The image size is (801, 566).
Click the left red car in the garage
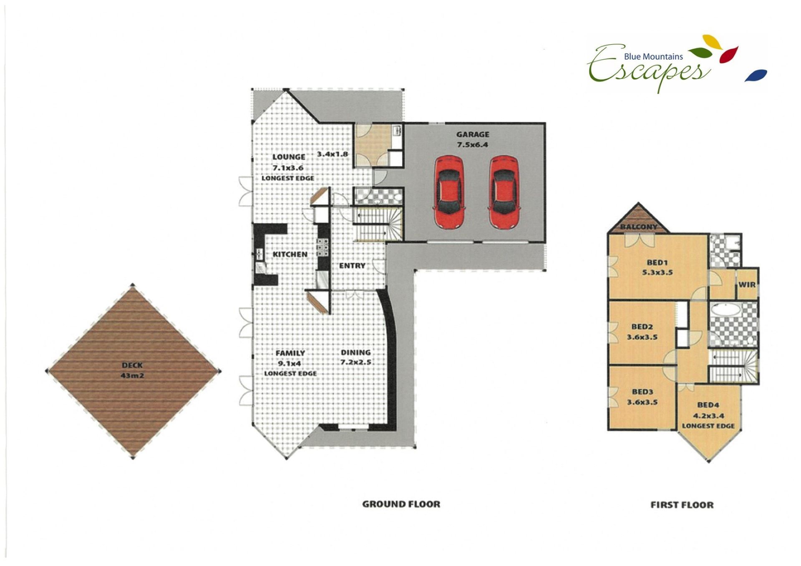pos(448,192)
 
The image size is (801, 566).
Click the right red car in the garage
pos(504,192)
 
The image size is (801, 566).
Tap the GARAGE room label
pos(473,134)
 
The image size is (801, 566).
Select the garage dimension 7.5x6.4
pos(473,145)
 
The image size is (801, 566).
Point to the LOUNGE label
pos(289,157)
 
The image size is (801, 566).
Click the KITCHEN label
pos(290,254)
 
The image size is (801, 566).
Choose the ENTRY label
pos(352,266)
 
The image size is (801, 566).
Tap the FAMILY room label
pos(290,353)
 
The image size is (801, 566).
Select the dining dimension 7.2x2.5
pos(356,362)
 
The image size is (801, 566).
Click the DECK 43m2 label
pos(132,370)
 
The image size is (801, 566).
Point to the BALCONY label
pos(639,227)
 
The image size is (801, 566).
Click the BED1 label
pos(657,262)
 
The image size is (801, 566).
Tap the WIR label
pos(747,285)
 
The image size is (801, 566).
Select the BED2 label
pos(642,327)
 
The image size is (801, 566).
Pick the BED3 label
pos(642,392)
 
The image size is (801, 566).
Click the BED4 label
pos(708,405)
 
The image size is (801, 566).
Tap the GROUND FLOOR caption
pos(401,504)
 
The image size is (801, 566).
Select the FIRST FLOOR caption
pos(682,505)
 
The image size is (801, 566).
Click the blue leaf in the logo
pos(756,75)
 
